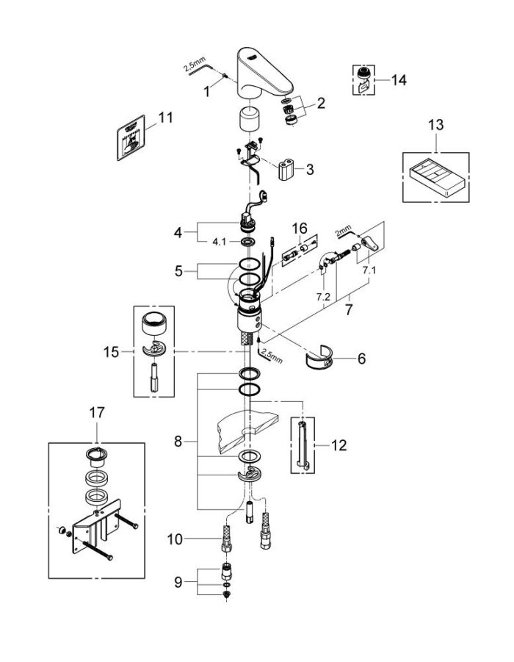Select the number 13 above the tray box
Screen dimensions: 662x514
pos(435,125)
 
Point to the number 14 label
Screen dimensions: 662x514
pos(399,79)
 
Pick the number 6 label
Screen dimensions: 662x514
pos(360,359)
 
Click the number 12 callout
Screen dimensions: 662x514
pos(339,445)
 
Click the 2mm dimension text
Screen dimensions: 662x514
pos(342,232)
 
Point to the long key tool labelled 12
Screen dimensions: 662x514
pos(303,446)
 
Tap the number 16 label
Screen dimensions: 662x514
pos(300,228)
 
